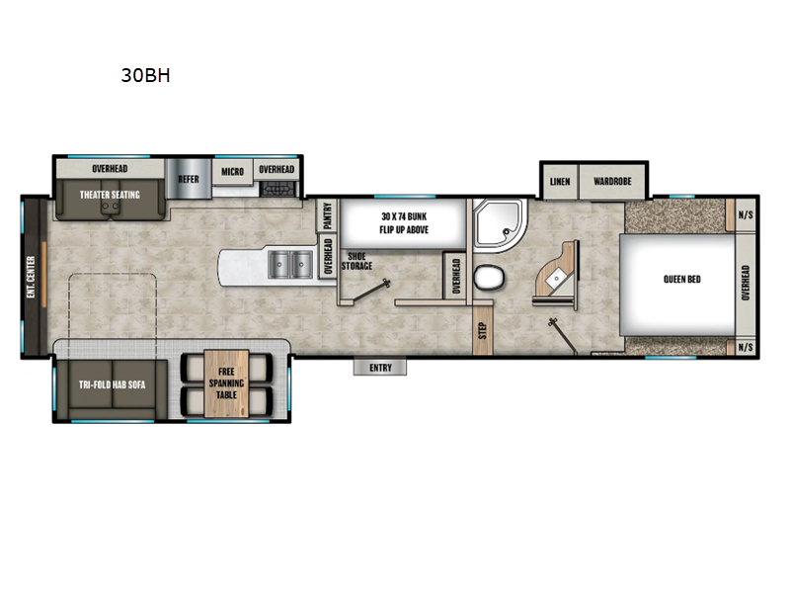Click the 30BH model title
(x=146, y=75)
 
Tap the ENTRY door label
(x=380, y=368)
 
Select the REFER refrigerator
(x=189, y=179)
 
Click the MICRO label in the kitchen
(x=232, y=170)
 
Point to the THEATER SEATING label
(x=110, y=195)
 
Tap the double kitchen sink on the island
(x=291, y=264)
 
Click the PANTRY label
(x=327, y=214)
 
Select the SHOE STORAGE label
(x=357, y=261)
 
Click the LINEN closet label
(x=559, y=182)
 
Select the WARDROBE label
(x=612, y=182)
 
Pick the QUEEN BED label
(x=681, y=280)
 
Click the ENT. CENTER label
(x=31, y=278)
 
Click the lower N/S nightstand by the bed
(x=746, y=348)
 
